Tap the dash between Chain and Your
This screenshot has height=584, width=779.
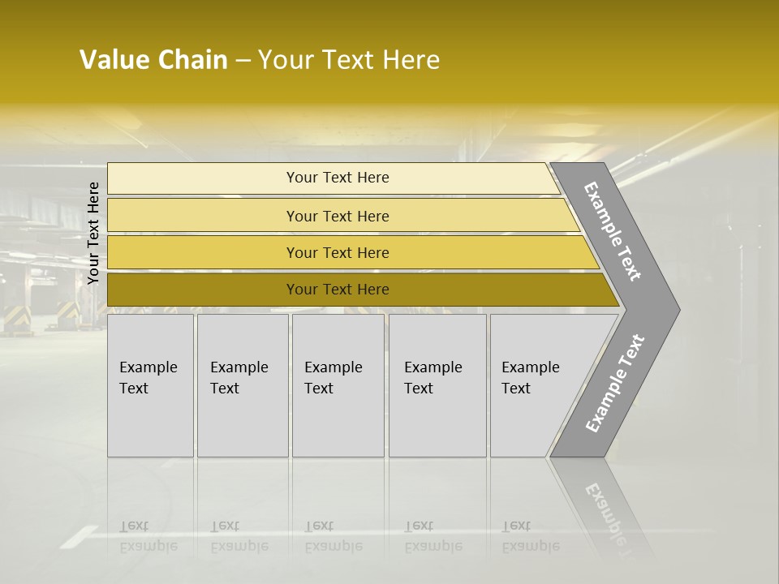(243, 61)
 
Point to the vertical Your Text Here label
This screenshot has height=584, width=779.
(93, 233)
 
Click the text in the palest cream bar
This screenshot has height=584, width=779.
(338, 178)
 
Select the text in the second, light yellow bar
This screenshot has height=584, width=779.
(338, 217)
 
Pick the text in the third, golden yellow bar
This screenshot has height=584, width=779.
(338, 253)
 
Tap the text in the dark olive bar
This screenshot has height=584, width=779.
(338, 290)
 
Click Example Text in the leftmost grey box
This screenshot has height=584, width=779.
(148, 378)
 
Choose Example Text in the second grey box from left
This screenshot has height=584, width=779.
(239, 378)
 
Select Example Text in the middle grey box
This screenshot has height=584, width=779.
(333, 378)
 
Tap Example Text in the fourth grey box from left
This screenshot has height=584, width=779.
(433, 378)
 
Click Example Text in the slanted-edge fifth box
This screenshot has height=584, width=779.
(530, 378)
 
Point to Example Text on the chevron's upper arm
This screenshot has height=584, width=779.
(613, 231)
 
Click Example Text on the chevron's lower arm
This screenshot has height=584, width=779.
(615, 384)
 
